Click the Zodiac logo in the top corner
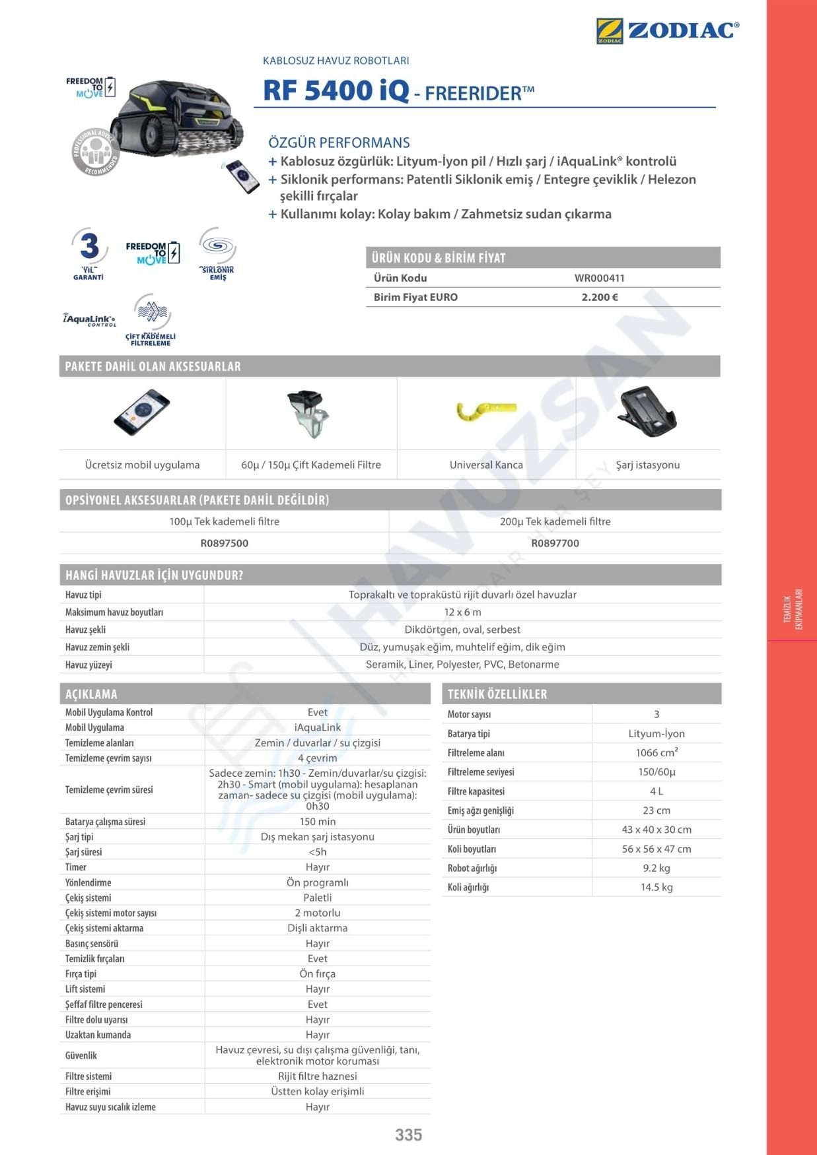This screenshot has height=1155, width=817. click(667, 31)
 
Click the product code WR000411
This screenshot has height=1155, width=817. click(599, 278)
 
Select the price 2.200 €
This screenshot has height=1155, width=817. click(600, 297)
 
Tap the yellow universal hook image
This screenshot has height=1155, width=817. click(486, 411)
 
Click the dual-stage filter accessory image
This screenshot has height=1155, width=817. click(309, 413)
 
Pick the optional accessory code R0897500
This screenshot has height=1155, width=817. click(225, 543)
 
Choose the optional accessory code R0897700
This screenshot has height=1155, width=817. click(555, 543)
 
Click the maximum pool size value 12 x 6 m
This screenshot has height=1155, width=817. click(462, 612)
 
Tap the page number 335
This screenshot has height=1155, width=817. click(408, 1135)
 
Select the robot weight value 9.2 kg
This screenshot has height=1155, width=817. click(656, 868)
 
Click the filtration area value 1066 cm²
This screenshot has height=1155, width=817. click(656, 752)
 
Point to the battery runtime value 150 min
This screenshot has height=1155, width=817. click(317, 822)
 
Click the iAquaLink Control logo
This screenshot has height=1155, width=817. click(90, 319)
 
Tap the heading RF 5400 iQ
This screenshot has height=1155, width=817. click(336, 90)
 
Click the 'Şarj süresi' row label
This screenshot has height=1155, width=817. click(83, 852)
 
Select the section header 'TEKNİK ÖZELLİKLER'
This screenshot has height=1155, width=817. click(497, 694)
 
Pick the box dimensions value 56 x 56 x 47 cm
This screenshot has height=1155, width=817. click(656, 849)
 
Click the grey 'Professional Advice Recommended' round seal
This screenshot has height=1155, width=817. click(96, 152)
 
